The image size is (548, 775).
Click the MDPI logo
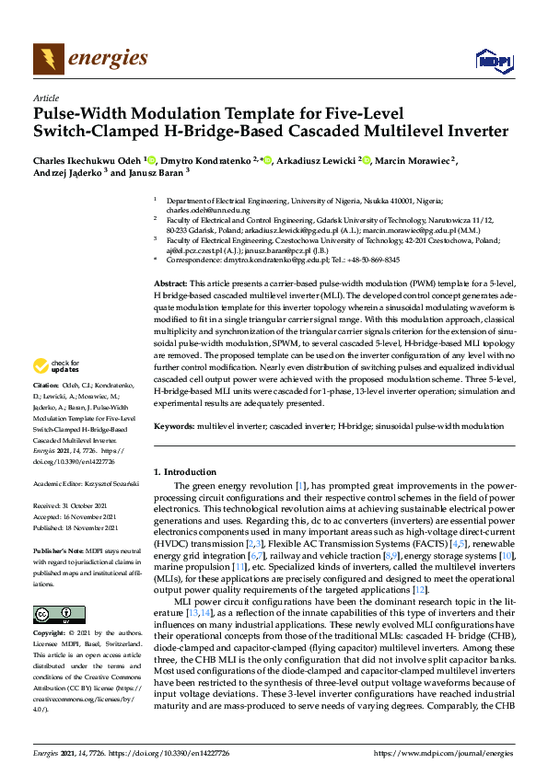click(494, 62)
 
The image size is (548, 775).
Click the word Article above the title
click(45, 98)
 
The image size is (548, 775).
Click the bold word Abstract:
click(170, 283)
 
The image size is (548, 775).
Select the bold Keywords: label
click(173, 427)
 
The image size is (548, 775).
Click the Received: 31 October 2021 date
click(72, 505)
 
